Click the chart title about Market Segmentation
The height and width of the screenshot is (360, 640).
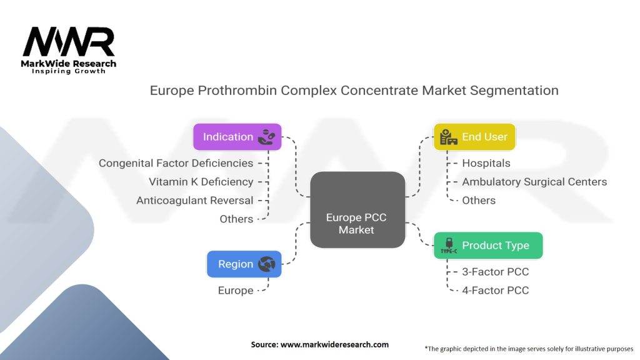click(x=354, y=90)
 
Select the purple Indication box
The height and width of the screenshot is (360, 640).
click(x=237, y=137)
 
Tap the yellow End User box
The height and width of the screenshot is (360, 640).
click(x=474, y=137)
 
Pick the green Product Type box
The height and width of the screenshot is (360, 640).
click(x=488, y=245)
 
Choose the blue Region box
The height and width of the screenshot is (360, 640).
click(x=244, y=264)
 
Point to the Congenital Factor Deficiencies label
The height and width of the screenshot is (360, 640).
click(x=176, y=163)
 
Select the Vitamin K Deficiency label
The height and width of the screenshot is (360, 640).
click(x=201, y=182)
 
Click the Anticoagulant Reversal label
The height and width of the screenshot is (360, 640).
click(x=194, y=201)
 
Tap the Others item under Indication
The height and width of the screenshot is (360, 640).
click(x=236, y=219)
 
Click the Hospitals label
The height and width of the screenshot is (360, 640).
click(x=486, y=163)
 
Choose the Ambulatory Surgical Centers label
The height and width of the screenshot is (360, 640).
click(x=534, y=182)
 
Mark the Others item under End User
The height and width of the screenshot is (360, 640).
click(x=478, y=200)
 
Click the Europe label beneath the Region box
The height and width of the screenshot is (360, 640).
click(x=236, y=290)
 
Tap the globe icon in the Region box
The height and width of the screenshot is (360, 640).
click(x=267, y=264)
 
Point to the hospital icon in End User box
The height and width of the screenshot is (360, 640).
click(x=448, y=137)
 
